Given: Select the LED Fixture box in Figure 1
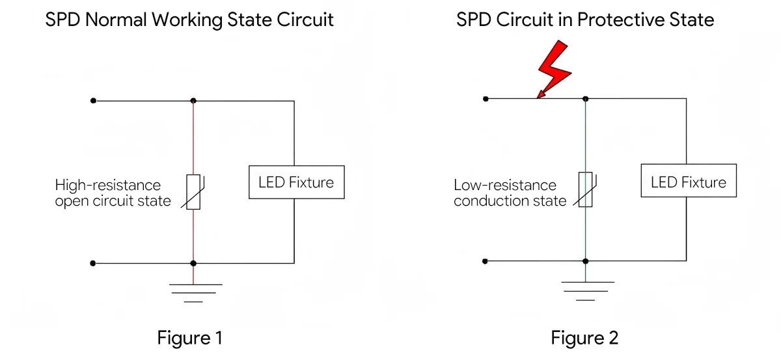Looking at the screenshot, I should tap(296, 182).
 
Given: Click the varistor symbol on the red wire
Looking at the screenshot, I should tap(193, 192).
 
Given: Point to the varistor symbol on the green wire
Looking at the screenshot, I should tap(586, 189).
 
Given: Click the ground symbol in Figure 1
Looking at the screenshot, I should tap(193, 292).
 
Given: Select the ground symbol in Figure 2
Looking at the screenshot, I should tap(586, 290).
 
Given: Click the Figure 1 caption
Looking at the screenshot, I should tap(190, 338).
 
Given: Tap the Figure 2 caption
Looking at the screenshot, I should tap(584, 338).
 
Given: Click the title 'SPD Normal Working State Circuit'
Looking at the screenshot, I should tap(189, 20).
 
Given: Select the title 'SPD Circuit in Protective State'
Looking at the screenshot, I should tap(584, 20).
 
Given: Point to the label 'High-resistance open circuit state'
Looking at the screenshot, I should tap(113, 193).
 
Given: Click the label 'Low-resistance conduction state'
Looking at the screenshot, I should tap(510, 193).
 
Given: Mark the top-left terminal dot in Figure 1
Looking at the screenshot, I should tap(93, 101).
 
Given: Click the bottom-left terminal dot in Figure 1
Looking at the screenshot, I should tap(93, 263).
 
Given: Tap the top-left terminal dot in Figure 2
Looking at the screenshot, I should tap(486, 98).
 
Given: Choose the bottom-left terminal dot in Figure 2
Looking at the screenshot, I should tap(486, 261).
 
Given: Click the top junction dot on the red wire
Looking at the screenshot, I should tap(193, 101).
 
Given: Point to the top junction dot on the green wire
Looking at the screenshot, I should tap(586, 98).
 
